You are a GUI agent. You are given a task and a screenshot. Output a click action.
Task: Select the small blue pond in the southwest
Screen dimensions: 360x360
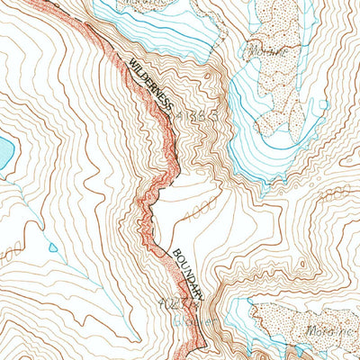click(53, 247)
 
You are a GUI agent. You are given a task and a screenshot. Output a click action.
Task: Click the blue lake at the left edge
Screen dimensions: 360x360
click(5, 153)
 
